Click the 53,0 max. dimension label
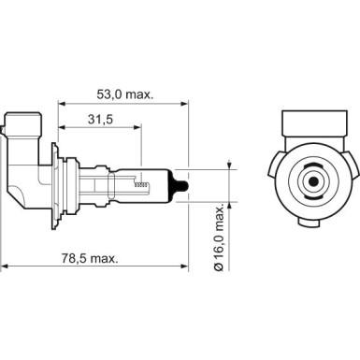coord(123,94)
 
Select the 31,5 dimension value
coord(99,120)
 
